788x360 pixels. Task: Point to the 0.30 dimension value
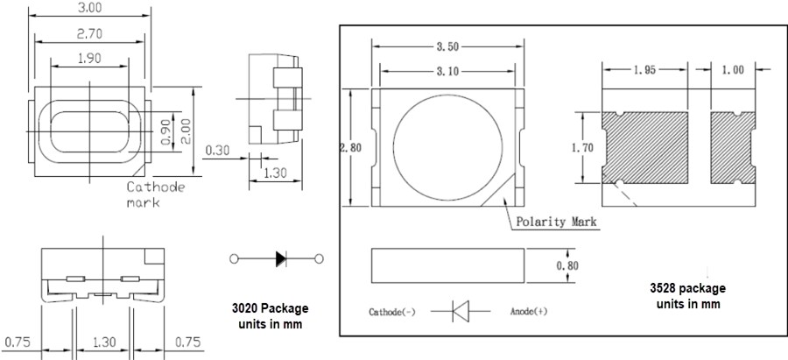(x=218, y=150)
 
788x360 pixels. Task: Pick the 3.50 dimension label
(x=447, y=43)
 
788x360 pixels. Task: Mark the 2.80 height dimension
(x=351, y=148)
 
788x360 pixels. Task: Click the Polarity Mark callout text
(x=555, y=222)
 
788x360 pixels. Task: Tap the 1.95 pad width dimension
(x=646, y=70)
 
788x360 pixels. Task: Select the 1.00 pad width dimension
(x=734, y=70)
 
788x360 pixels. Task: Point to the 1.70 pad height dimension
(x=581, y=148)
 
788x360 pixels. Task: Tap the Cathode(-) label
(x=392, y=311)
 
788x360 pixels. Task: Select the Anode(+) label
(x=529, y=311)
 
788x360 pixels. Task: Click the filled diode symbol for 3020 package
(x=280, y=258)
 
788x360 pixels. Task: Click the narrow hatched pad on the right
(x=733, y=147)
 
